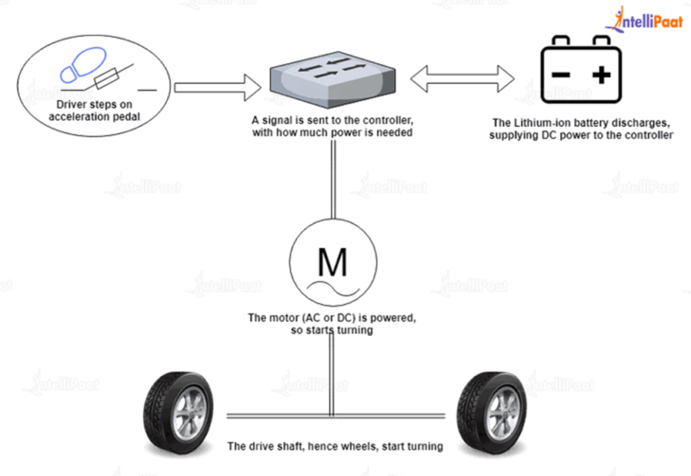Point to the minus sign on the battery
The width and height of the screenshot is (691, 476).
click(x=559, y=74)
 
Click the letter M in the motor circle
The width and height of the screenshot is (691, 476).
click(x=332, y=262)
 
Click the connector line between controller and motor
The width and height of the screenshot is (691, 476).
click(x=333, y=180)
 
